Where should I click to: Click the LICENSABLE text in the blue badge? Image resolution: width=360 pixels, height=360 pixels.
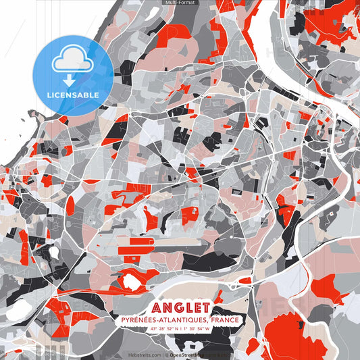(x=73, y=95)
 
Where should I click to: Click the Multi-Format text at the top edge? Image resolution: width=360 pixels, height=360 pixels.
(x=180, y=3)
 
